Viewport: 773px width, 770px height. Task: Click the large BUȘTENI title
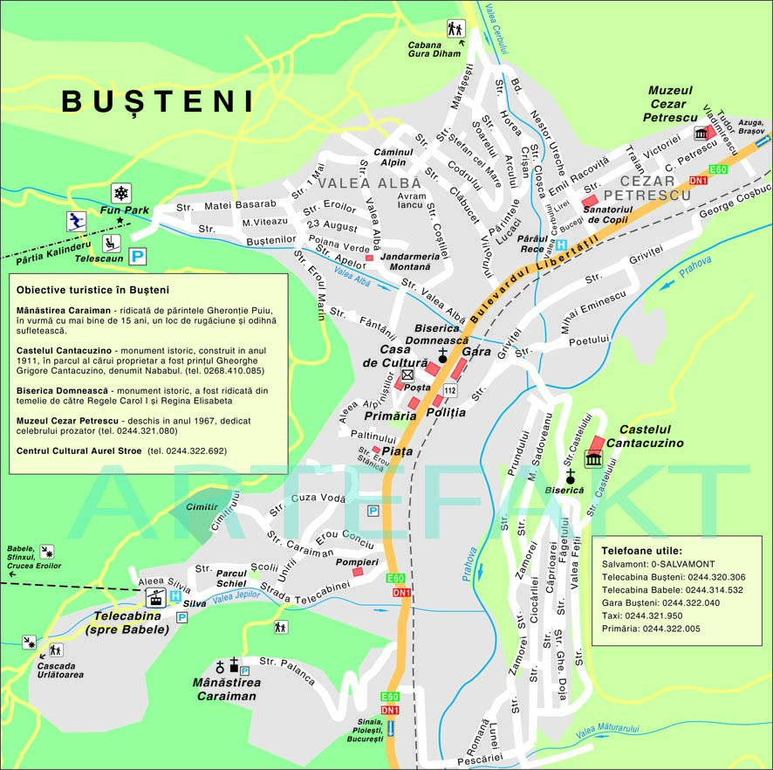point(158,101)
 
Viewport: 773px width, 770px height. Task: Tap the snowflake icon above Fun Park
point(120,194)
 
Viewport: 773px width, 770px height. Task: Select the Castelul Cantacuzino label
point(651,437)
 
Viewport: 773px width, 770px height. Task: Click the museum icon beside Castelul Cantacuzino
point(593,458)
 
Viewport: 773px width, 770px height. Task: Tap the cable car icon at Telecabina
point(155,598)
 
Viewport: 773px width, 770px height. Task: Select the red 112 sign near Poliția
point(449,389)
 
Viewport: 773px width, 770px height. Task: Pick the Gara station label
point(477,351)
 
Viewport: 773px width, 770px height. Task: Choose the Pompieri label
point(358,562)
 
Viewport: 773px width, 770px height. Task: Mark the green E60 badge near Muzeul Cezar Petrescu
point(718,168)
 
